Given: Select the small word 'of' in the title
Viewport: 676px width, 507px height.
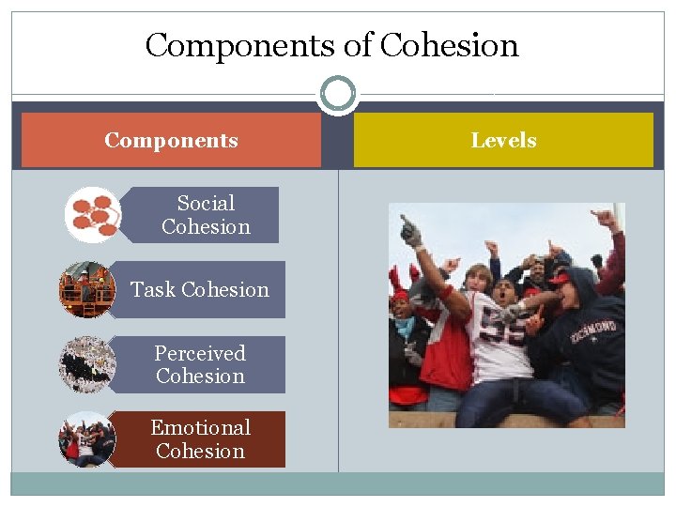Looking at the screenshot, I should tap(361, 45).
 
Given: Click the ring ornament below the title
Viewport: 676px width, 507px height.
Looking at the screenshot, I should tap(337, 95).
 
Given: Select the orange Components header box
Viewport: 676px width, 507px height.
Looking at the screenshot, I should tap(171, 141).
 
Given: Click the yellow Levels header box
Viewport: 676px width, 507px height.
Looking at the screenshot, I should tap(503, 141).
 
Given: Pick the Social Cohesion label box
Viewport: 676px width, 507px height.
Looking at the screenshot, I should tap(206, 215).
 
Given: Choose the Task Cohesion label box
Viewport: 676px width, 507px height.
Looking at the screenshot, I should tap(200, 289).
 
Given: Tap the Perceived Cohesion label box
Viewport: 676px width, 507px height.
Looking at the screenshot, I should tap(200, 364).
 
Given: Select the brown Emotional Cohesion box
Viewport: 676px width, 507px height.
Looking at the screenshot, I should tap(200, 439).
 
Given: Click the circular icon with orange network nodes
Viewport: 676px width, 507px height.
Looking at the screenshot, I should tap(93, 215).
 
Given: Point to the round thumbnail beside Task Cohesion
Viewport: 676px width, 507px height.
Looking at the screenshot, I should tap(87, 289).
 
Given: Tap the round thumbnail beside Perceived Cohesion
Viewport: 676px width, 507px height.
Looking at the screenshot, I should tap(87, 364).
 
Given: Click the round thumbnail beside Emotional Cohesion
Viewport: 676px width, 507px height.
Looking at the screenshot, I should tap(87, 439).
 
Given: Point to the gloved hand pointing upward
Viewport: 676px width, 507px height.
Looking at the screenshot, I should tap(410, 231).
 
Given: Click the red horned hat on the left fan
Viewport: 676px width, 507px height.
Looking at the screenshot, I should tap(399, 282).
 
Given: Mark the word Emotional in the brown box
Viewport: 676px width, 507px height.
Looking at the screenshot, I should tap(200, 428).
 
